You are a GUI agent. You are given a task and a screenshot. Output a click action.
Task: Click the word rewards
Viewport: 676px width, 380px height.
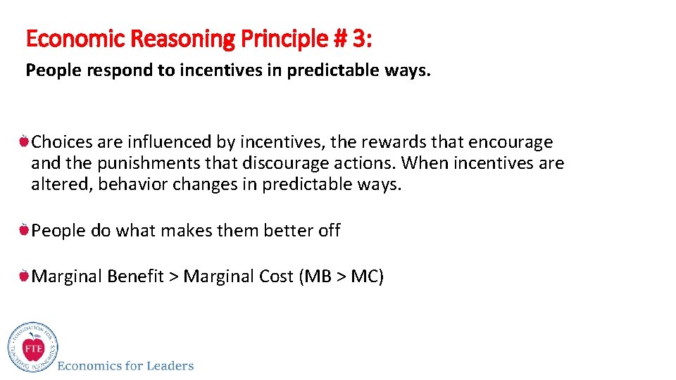point(394,142)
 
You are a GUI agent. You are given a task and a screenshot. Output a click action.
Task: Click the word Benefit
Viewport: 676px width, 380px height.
point(135,276)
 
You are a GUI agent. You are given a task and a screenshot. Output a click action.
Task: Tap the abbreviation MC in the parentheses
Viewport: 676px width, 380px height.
point(365,276)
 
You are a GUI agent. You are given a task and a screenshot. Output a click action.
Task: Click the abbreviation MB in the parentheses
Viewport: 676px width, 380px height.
point(318,276)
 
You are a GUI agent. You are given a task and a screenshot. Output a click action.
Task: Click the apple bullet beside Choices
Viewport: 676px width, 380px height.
point(24,142)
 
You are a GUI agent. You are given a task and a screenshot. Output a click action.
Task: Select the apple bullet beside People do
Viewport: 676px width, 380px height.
point(24,230)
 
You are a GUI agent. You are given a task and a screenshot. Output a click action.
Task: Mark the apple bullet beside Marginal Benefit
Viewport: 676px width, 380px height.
point(24,276)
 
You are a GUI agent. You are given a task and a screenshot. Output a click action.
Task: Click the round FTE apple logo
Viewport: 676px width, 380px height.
point(32,348)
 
